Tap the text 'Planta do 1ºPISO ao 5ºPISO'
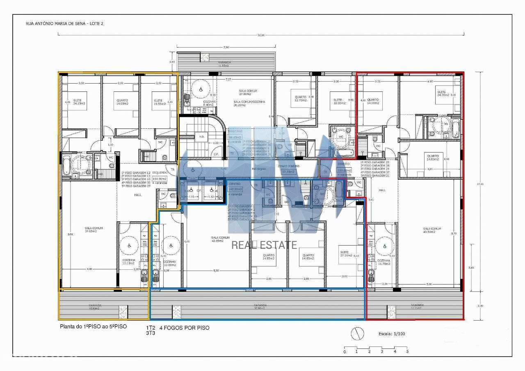pyautogui.click(x=94, y=326)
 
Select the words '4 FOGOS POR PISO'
pyautogui.click(x=184, y=328)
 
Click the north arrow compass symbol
pyautogui.click(x=356, y=334)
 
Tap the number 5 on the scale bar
pyautogui.click(x=407, y=352)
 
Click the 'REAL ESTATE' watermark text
pyautogui.click(x=264, y=245)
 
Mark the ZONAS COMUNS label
pyautogui.click(x=289, y=166)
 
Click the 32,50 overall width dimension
pyautogui.click(x=261, y=34)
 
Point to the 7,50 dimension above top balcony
pyautogui.click(x=226, y=48)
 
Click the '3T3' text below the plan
pyautogui.click(x=151, y=333)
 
